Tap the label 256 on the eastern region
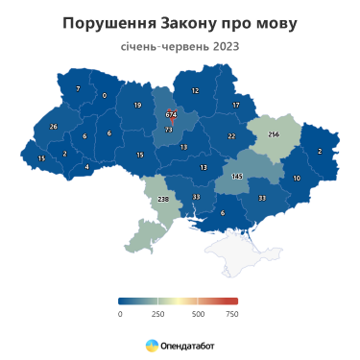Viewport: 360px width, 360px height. (273, 134)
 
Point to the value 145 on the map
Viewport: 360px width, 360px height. (236, 176)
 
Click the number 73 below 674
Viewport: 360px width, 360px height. (169, 129)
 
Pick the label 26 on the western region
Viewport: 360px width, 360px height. (53, 127)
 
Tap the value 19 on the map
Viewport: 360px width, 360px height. (137, 105)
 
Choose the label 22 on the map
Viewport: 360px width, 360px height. (231, 136)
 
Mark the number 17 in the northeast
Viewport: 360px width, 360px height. (235, 104)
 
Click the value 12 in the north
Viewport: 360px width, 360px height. (195, 91)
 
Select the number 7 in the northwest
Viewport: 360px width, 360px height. (78, 89)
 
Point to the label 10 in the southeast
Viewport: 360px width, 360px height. (297, 179)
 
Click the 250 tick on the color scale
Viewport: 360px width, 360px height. (158, 314)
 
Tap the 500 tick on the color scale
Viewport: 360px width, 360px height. (198, 314)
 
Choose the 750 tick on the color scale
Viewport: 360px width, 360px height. (231, 314)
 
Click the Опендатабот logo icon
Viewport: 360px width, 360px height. (152, 344)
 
